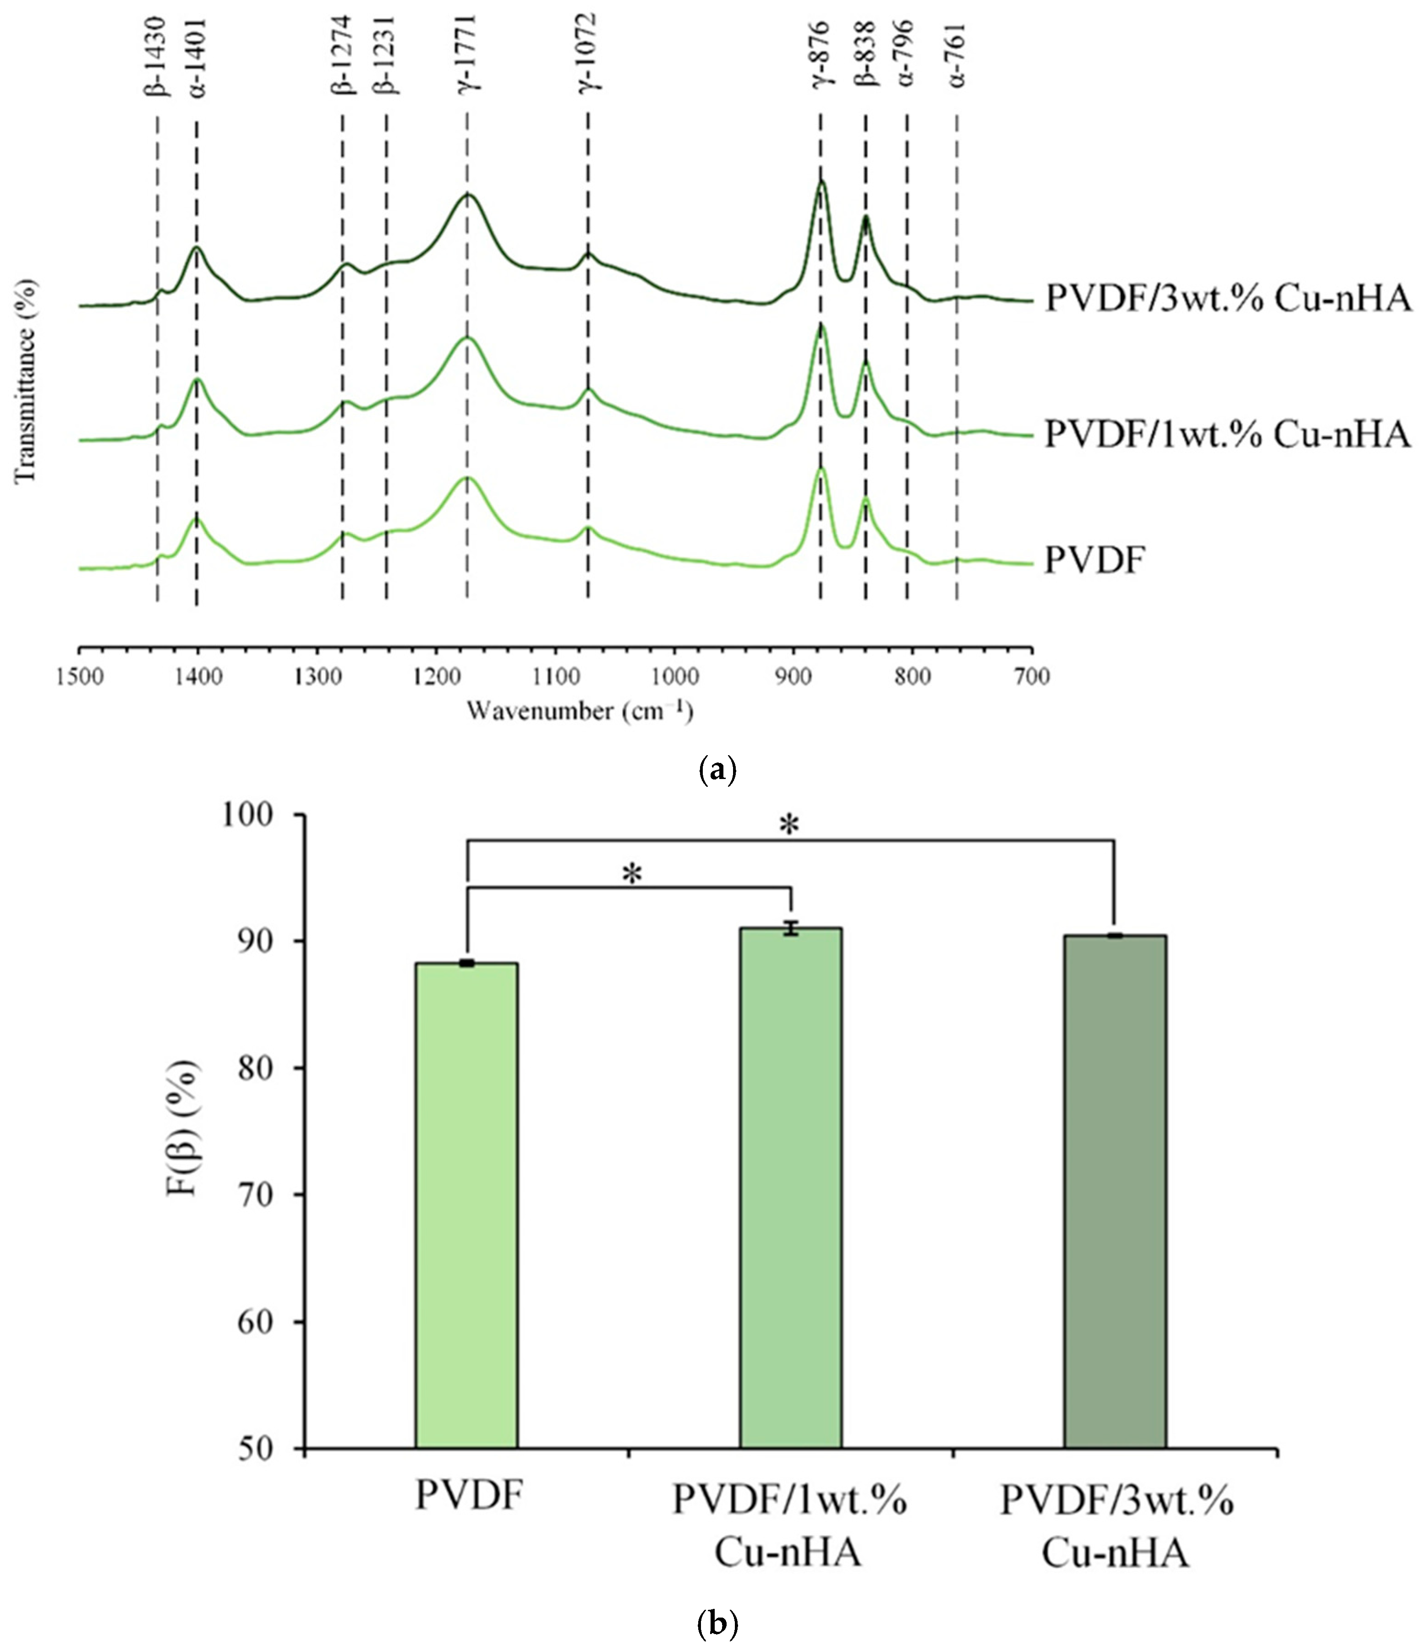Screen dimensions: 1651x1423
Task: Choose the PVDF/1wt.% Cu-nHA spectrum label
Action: click(x=1228, y=435)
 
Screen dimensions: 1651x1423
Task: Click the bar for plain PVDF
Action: click(x=466, y=1203)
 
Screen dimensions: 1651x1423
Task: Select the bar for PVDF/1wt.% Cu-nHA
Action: click(x=790, y=1187)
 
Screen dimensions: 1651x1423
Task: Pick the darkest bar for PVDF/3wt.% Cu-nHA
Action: click(x=1115, y=1191)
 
